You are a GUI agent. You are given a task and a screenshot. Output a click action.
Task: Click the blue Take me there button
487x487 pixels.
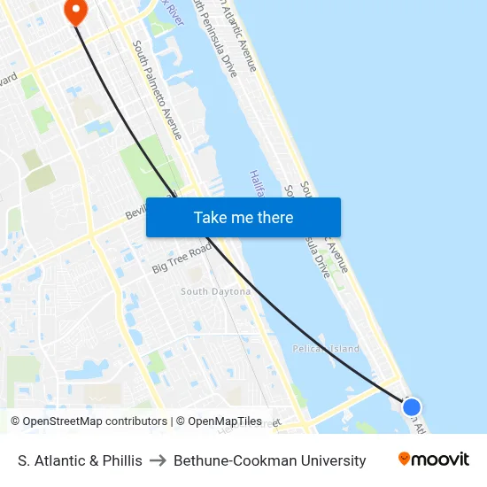243,217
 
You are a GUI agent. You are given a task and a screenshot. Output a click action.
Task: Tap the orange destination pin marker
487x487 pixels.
75,11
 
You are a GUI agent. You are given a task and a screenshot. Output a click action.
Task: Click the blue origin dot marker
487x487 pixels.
412,407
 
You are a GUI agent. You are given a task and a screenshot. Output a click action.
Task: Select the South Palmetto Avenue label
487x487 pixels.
158,89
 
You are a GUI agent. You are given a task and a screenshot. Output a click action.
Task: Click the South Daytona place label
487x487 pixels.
215,291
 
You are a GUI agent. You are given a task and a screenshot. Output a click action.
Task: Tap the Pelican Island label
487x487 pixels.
326,349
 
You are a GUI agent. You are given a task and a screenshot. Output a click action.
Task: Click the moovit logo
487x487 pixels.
433,460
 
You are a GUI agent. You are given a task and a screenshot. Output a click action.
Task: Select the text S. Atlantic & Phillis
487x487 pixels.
80,460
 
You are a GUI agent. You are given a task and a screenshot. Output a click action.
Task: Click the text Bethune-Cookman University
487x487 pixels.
269,460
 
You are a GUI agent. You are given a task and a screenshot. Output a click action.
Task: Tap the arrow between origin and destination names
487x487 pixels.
158,460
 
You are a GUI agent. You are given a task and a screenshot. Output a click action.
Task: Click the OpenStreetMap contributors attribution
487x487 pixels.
89,421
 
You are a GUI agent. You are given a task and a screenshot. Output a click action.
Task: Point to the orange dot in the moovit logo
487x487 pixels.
405,459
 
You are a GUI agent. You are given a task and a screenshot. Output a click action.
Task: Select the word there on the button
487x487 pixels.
274,217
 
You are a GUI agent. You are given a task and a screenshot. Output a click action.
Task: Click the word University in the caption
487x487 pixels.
333,460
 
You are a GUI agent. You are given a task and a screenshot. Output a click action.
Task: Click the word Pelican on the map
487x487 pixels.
310,349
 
